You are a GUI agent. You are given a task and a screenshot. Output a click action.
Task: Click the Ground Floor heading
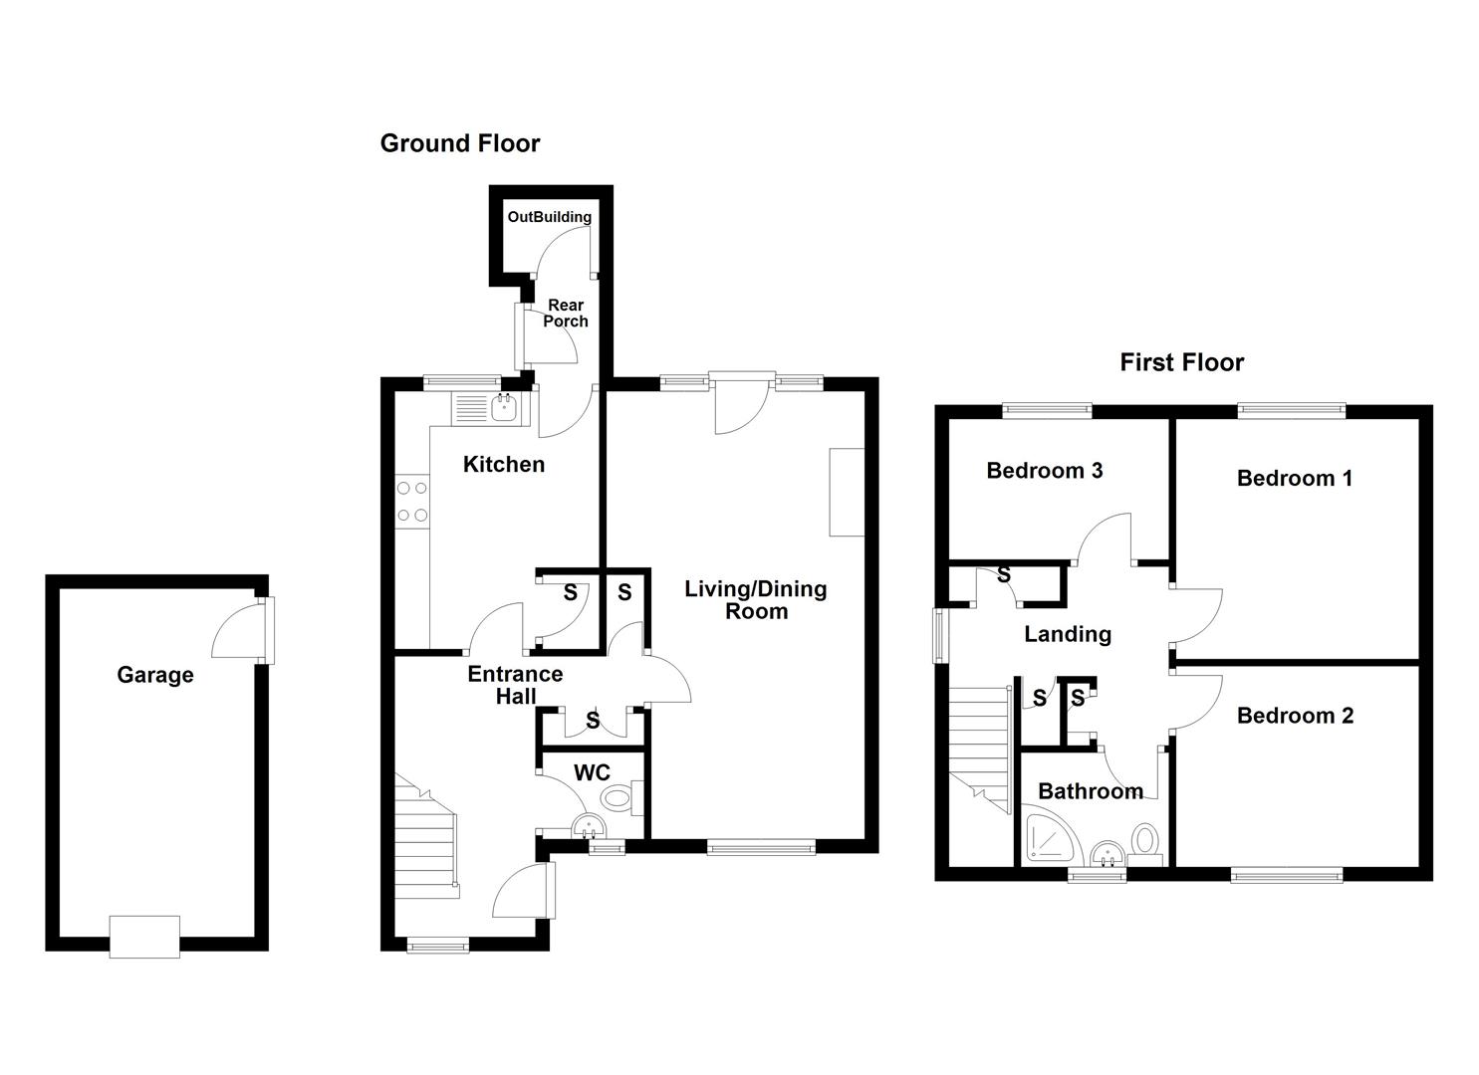[x=459, y=143]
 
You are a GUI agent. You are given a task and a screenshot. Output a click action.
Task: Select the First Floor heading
[x=1181, y=362]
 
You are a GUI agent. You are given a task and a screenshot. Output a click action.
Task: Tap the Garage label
[x=154, y=675]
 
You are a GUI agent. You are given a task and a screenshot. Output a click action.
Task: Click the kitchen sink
[x=505, y=407]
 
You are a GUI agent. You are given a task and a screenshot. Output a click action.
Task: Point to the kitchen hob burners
[x=411, y=502]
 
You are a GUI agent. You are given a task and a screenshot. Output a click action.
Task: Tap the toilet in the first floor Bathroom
[x=1145, y=840]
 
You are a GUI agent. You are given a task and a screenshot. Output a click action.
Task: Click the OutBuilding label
[x=549, y=217]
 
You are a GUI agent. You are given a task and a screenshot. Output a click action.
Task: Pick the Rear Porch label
[x=565, y=314]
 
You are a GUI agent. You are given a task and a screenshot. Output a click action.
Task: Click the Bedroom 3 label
[x=1044, y=471]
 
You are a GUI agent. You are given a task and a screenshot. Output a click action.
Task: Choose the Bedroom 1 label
[x=1294, y=479]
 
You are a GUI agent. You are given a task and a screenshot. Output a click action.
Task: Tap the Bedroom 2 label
[x=1295, y=716]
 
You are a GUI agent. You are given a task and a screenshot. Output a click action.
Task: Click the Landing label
[x=1068, y=634]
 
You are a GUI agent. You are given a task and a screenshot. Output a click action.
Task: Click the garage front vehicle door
[x=144, y=937]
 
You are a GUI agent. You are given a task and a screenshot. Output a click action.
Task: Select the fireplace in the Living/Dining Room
[x=847, y=493]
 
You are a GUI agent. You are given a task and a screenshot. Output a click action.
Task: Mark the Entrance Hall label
[x=515, y=685]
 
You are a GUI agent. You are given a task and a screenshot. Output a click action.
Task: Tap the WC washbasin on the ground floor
[x=589, y=827]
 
